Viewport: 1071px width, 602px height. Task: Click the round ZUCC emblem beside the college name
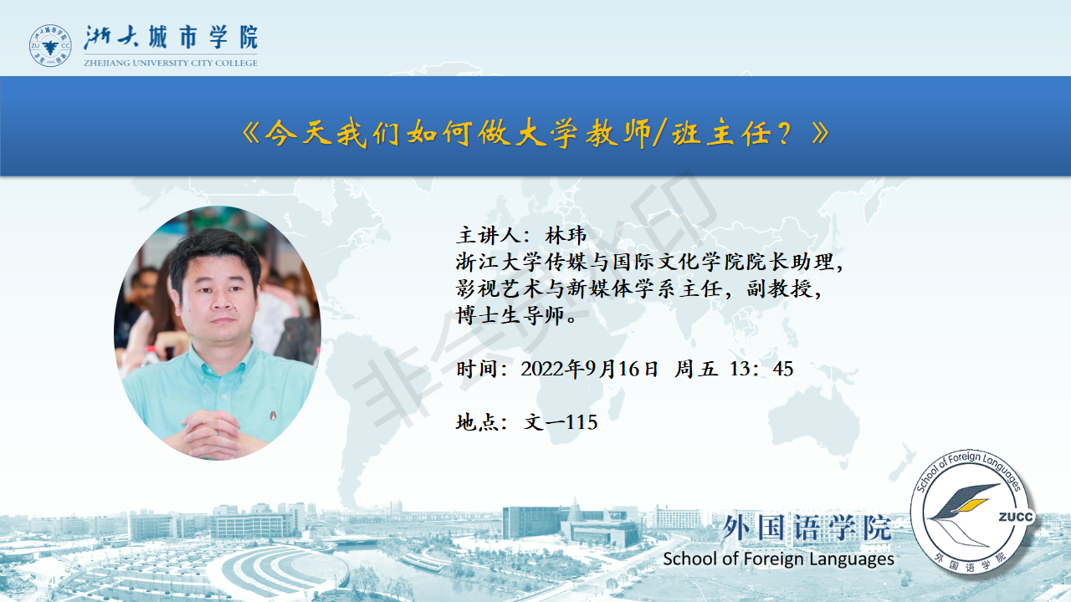pos(50,45)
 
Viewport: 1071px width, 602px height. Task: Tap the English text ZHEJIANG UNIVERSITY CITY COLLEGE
pos(171,63)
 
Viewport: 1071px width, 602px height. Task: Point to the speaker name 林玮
pos(565,236)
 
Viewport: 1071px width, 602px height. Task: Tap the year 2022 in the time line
pos(541,369)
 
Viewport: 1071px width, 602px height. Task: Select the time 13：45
pos(761,369)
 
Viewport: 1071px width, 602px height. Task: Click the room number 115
pos(582,422)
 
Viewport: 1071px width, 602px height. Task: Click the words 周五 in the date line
pos(696,369)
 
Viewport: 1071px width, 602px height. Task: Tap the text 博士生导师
pos(510,316)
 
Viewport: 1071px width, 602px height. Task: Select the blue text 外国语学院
pos(807,528)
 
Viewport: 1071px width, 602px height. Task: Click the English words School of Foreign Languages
pos(778,559)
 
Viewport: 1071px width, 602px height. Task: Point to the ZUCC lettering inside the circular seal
pos(1016,517)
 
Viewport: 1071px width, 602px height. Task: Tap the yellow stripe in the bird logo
pos(971,505)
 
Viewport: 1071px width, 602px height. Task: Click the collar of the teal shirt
pos(221,360)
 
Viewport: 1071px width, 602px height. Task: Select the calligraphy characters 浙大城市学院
pos(171,38)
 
